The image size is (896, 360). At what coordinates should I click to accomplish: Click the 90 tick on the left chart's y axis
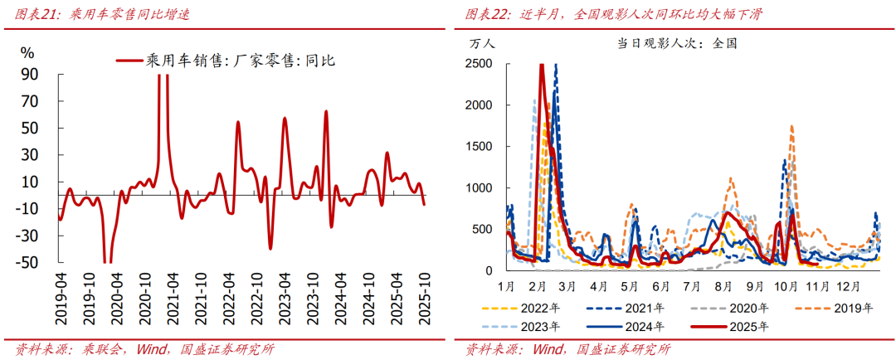point(30,75)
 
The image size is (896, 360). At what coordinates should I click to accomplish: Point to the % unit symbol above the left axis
point(27,52)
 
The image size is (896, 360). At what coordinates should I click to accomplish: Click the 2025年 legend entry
point(750,326)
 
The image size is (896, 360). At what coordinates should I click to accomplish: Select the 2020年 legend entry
point(752,308)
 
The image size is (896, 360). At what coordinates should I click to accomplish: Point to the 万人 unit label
point(482,43)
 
